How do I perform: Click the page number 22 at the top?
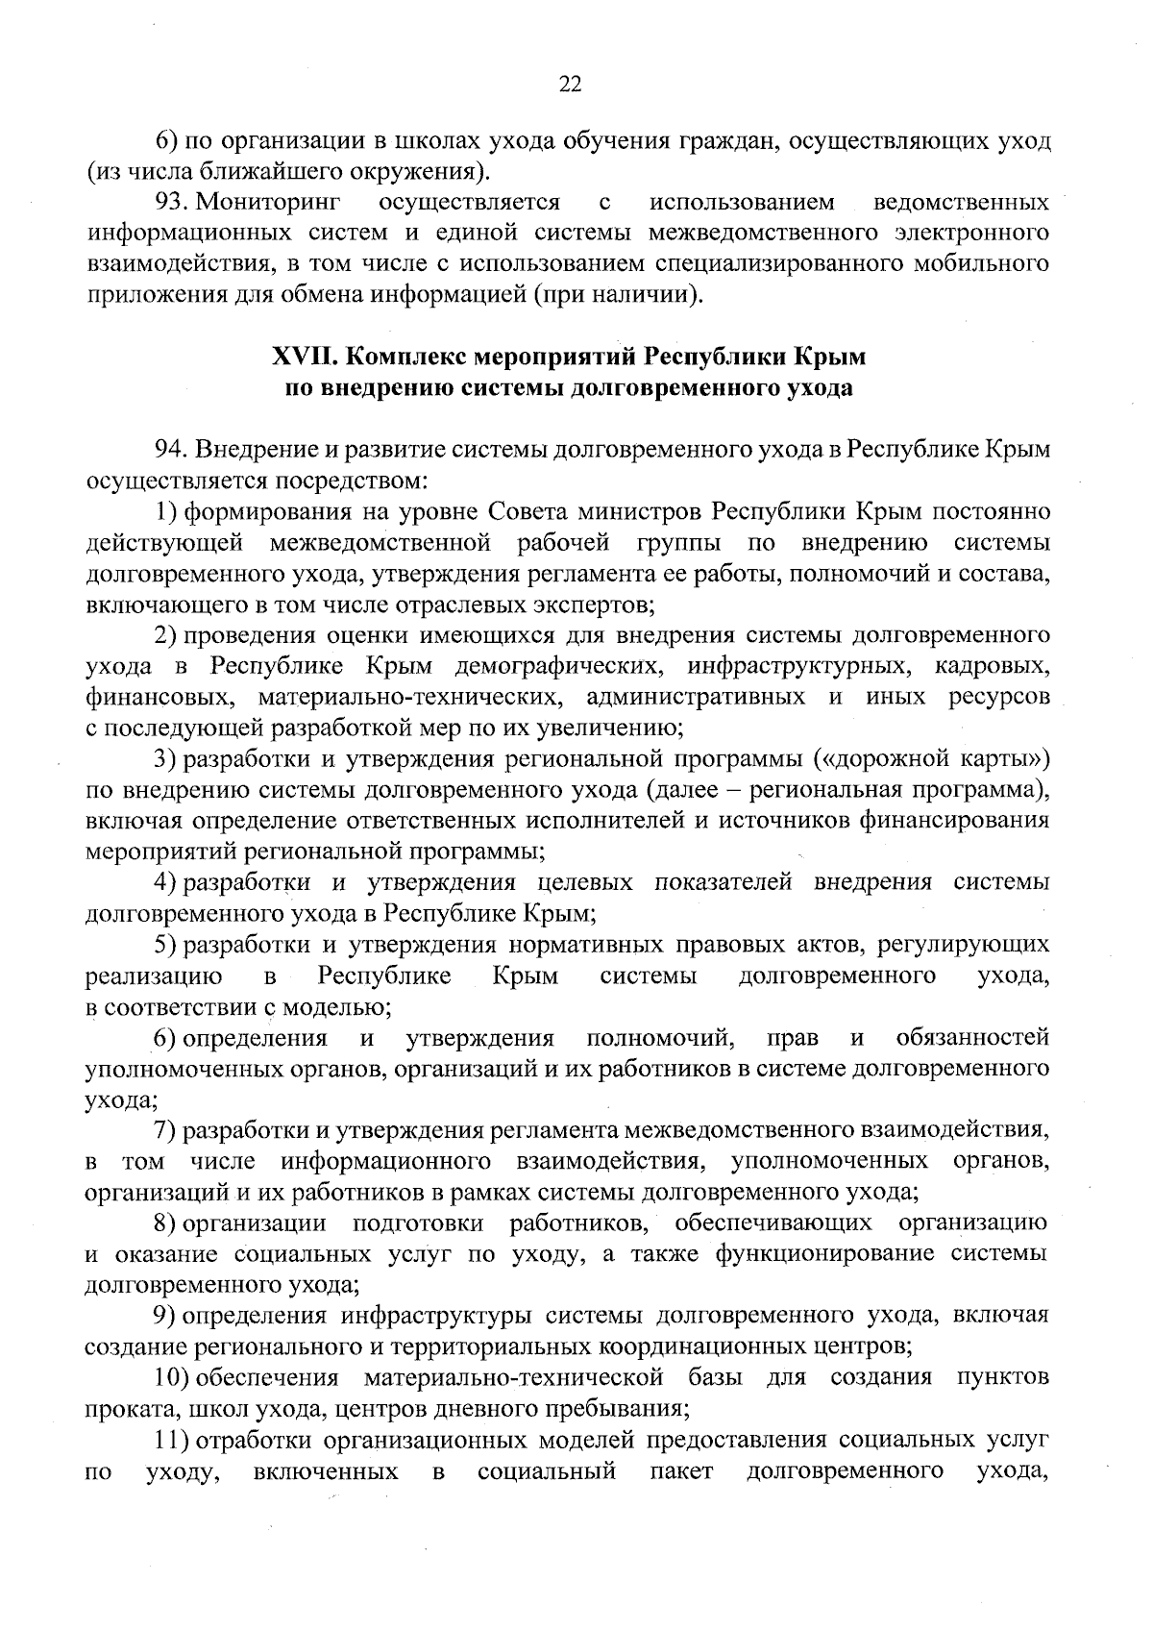570,85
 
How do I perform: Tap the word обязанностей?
971,1038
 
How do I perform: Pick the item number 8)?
165,1222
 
